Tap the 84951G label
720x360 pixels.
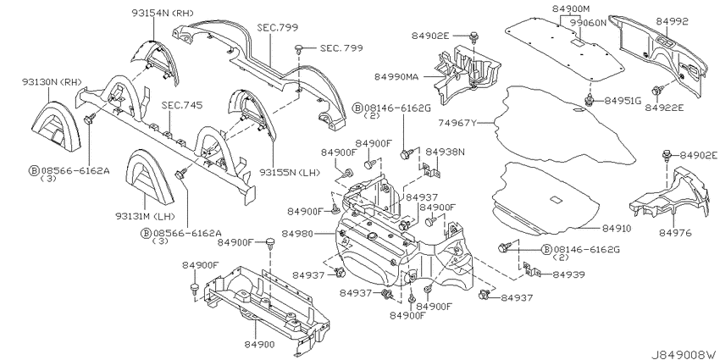tap(623, 101)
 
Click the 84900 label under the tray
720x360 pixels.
tap(260, 345)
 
